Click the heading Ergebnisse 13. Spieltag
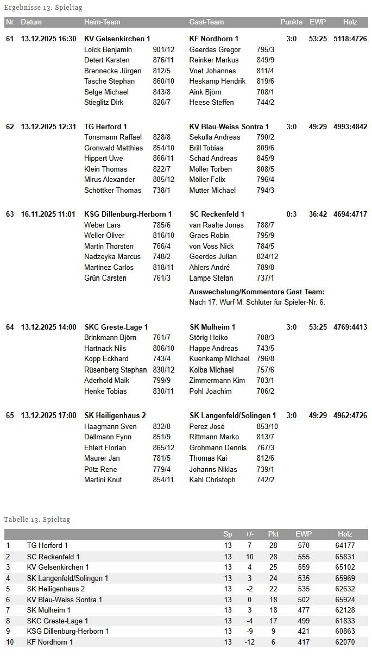tap(43, 8)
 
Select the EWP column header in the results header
tap(317, 22)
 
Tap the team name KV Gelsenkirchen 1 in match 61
tap(117, 39)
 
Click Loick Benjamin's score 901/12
tap(163, 49)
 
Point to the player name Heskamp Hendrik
tap(217, 81)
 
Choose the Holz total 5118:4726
tap(350, 39)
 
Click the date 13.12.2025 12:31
tap(48, 127)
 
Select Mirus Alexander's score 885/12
tap(163, 180)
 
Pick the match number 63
tap(10, 215)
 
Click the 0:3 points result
tap(292, 215)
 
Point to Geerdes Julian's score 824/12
tap(267, 257)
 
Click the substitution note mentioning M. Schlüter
tap(257, 302)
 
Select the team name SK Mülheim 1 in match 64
tap(212, 327)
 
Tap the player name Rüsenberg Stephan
tap(116, 370)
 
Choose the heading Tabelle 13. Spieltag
tap(37, 520)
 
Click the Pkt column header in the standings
tap(273, 534)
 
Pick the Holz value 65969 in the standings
tap(345, 578)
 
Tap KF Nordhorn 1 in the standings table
tap(50, 642)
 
